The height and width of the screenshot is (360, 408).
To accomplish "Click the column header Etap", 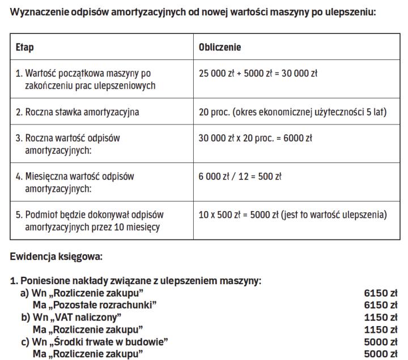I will pos(25,48).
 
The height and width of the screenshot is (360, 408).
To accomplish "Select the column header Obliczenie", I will pos(220,48).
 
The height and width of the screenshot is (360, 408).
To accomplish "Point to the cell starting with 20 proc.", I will pos(292,112).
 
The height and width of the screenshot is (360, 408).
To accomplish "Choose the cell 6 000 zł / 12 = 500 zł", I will pos(240,176).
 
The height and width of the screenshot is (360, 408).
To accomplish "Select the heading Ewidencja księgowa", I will pos(56,256).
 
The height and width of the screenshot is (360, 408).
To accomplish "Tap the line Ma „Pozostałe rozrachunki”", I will pos(95,305).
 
